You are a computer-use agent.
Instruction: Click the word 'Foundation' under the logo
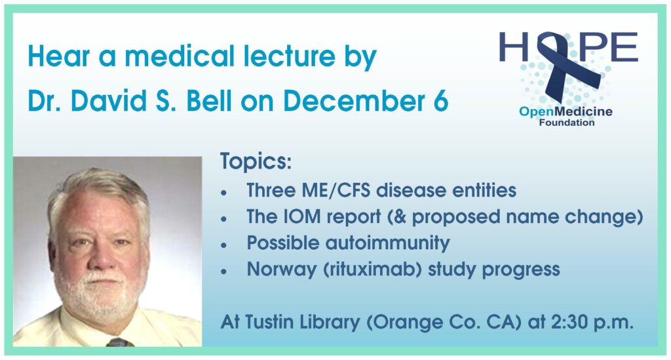coord(567,123)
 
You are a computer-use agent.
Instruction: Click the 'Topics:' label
coord(256,162)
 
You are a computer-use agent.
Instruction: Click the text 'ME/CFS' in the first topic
coord(336,190)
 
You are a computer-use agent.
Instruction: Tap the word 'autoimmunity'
coord(388,243)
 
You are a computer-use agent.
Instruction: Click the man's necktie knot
coord(118,342)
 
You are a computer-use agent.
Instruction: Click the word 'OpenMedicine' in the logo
coord(566,112)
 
